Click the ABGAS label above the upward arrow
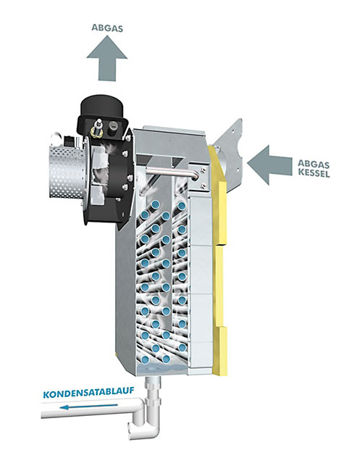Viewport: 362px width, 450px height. point(107,28)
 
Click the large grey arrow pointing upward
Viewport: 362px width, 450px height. point(107,58)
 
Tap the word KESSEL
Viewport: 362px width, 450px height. point(313,173)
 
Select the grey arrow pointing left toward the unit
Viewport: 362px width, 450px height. point(269,165)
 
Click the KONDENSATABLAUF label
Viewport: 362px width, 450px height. point(88,392)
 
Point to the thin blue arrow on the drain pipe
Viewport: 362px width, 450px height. point(89,407)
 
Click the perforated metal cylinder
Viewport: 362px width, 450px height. point(67,173)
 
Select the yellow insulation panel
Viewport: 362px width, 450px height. point(219,258)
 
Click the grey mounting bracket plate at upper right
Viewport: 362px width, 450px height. point(230,152)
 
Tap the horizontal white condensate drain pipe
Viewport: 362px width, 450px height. point(91,408)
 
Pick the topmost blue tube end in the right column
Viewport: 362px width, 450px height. point(181,206)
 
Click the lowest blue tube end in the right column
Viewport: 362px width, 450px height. point(182,348)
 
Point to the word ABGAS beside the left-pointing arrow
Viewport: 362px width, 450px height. point(313,164)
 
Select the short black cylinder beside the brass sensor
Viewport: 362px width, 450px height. point(113,128)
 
